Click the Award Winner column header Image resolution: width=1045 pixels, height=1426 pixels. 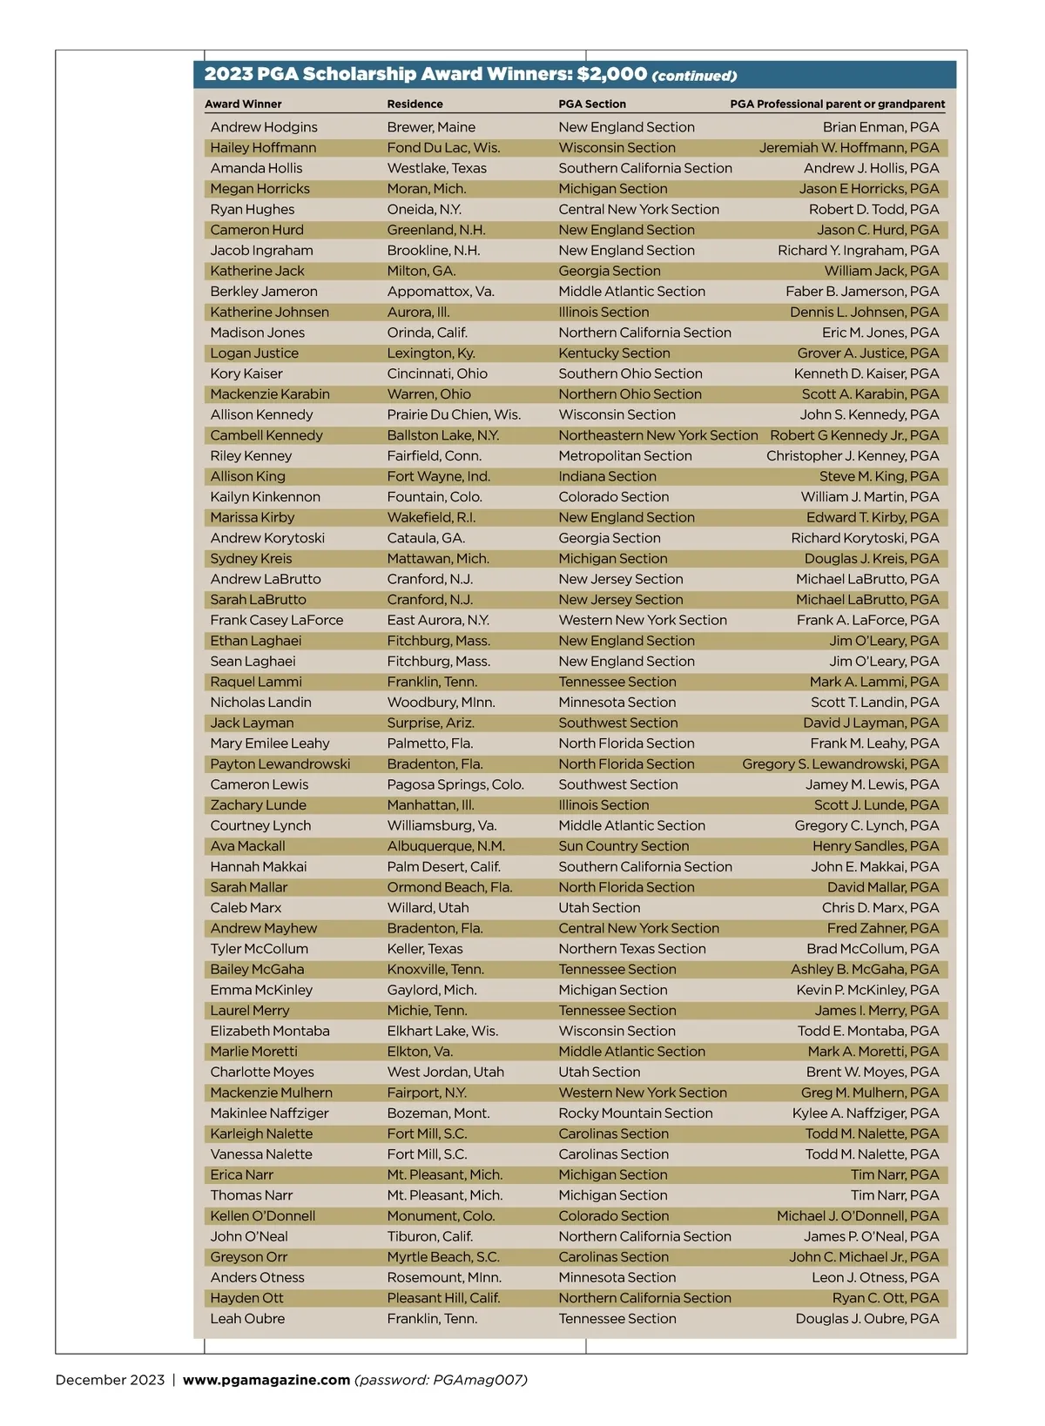coord(243,104)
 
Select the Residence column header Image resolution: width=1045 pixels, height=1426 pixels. coord(415,104)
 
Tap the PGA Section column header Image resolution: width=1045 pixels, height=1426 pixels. coord(592,104)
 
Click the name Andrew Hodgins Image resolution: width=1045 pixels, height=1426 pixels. coord(264,127)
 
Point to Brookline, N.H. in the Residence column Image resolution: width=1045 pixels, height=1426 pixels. coord(434,251)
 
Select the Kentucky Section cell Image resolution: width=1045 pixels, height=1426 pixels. coord(614,353)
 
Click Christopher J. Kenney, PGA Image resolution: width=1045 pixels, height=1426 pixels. coord(853,456)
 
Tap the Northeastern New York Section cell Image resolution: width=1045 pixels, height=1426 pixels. coord(658,435)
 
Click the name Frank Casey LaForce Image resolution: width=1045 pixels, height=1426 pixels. coord(277,621)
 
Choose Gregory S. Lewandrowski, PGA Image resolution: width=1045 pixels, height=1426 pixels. coord(840,764)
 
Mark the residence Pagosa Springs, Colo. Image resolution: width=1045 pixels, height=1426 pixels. coord(455,785)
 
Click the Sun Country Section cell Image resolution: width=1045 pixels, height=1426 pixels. coord(624,846)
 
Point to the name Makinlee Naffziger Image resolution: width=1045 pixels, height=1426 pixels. coord(269,1113)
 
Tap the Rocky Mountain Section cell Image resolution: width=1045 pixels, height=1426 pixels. coord(636,1113)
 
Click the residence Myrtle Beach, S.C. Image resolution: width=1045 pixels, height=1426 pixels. coord(443,1257)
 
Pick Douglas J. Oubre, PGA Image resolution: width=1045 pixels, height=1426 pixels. coord(867,1319)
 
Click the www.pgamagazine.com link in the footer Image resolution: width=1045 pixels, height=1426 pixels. coord(266,1380)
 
